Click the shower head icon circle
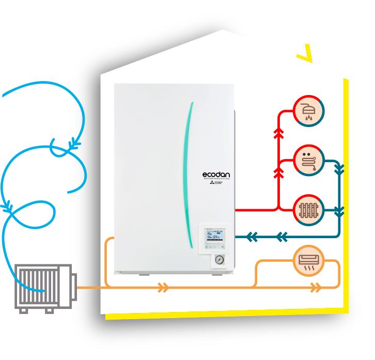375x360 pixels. click(x=309, y=110)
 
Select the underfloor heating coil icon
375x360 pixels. click(x=309, y=160)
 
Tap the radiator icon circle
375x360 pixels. click(x=309, y=210)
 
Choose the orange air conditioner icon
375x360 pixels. click(x=309, y=261)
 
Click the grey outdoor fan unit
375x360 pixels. click(x=43, y=288)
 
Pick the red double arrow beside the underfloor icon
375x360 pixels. click(x=279, y=173)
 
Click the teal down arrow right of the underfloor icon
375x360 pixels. click(x=339, y=168)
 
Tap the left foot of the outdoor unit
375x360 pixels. click(x=23, y=310)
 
